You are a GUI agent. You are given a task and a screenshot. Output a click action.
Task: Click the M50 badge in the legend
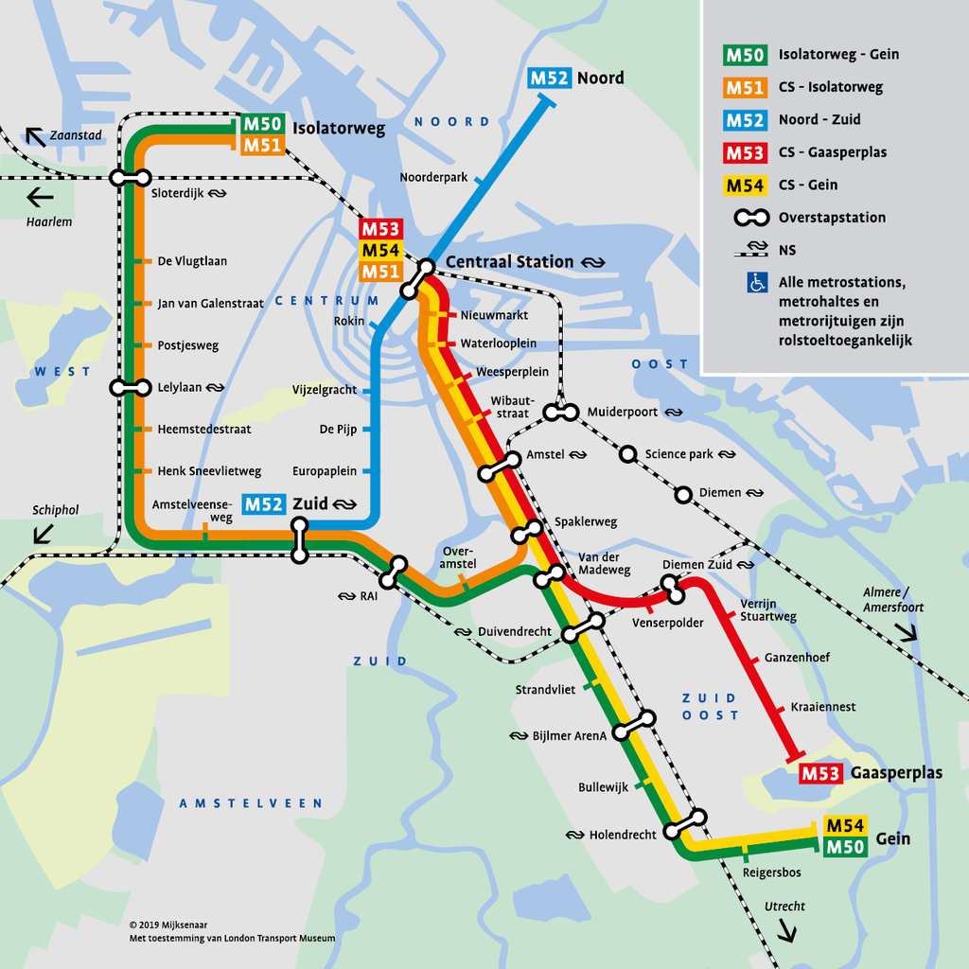[745, 55]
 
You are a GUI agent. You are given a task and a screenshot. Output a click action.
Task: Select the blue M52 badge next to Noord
[549, 78]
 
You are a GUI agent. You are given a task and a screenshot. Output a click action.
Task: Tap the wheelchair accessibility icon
[757, 282]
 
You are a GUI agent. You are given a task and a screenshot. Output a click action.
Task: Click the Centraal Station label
[509, 262]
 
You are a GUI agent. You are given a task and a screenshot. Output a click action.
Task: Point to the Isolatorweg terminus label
[339, 129]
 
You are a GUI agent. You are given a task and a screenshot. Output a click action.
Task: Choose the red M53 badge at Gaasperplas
[820, 773]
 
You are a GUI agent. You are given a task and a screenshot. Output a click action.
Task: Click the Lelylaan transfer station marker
[130, 387]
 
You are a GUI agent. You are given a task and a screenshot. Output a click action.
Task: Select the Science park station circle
[626, 454]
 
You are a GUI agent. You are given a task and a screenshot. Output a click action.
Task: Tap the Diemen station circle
[683, 493]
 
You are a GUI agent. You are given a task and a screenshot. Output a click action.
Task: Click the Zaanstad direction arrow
[36, 137]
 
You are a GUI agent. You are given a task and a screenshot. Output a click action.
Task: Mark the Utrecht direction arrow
[786, 932]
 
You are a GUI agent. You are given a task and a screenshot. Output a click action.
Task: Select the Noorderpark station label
[433, 177]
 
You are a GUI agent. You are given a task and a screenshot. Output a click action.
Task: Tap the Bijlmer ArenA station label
[569, 735]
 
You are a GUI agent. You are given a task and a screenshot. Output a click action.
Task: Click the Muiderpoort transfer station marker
[561, 413]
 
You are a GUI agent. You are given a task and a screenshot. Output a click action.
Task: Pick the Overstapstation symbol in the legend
[752, 218]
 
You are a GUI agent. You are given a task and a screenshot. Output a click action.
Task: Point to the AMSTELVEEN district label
[251, 803]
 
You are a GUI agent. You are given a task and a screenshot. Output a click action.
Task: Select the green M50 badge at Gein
[845, 847]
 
